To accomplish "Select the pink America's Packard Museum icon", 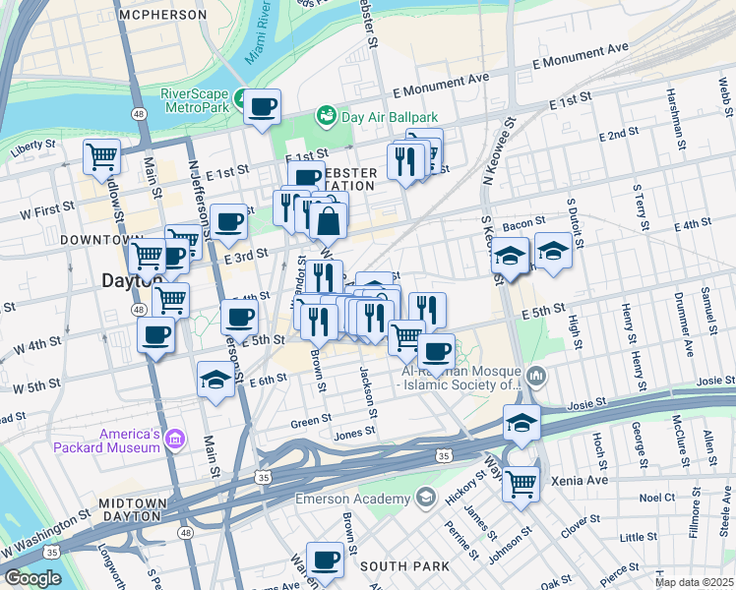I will [174, 437].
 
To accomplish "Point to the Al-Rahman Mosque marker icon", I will [536, 375].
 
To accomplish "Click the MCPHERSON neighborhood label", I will [162, 16].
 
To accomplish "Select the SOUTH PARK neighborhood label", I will [404, 566].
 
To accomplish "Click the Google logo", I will [33, 578].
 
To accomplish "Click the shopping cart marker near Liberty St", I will [101, 155].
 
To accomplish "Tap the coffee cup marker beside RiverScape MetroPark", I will [262, 106].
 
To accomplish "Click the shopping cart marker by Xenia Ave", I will [521, 483].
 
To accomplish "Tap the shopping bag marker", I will [329, 221].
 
